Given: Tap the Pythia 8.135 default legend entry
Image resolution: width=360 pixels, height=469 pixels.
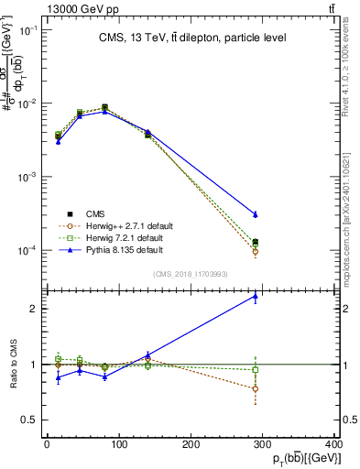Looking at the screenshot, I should [x=114, y=249].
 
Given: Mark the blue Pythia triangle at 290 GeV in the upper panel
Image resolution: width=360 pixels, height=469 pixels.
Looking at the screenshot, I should [x=255, y=213].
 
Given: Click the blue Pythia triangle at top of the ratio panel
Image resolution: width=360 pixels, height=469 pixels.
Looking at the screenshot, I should [x=255, y=296].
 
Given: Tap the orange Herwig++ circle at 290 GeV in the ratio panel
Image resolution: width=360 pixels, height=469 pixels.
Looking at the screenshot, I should [x=255, y=388].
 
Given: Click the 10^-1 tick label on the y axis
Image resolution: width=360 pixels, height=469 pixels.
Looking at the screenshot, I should [x=27, y=30].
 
